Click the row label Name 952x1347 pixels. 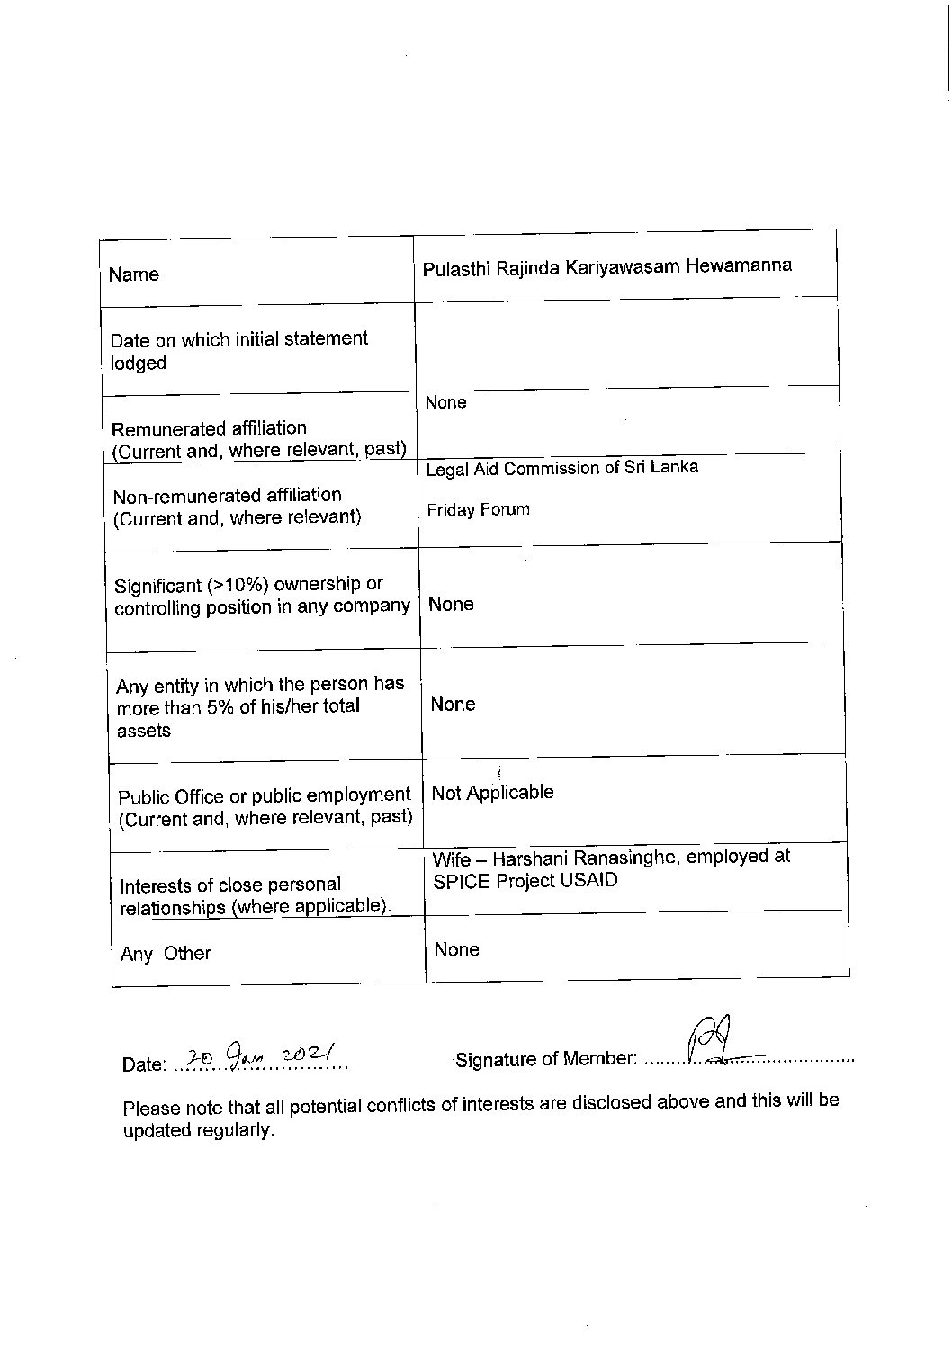click(133, 274)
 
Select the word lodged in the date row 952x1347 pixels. click(139, 364)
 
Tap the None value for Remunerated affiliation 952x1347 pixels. click(445, 402)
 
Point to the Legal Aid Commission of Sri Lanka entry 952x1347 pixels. click(561, 468)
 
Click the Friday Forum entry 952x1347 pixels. click(478, 510)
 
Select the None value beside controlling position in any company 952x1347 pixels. click(451, 605)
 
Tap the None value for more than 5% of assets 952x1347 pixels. click(453, 705)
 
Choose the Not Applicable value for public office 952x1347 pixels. click(492, 793)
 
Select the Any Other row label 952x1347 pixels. click(166, 954)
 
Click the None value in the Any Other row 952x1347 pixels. click(456, 950)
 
